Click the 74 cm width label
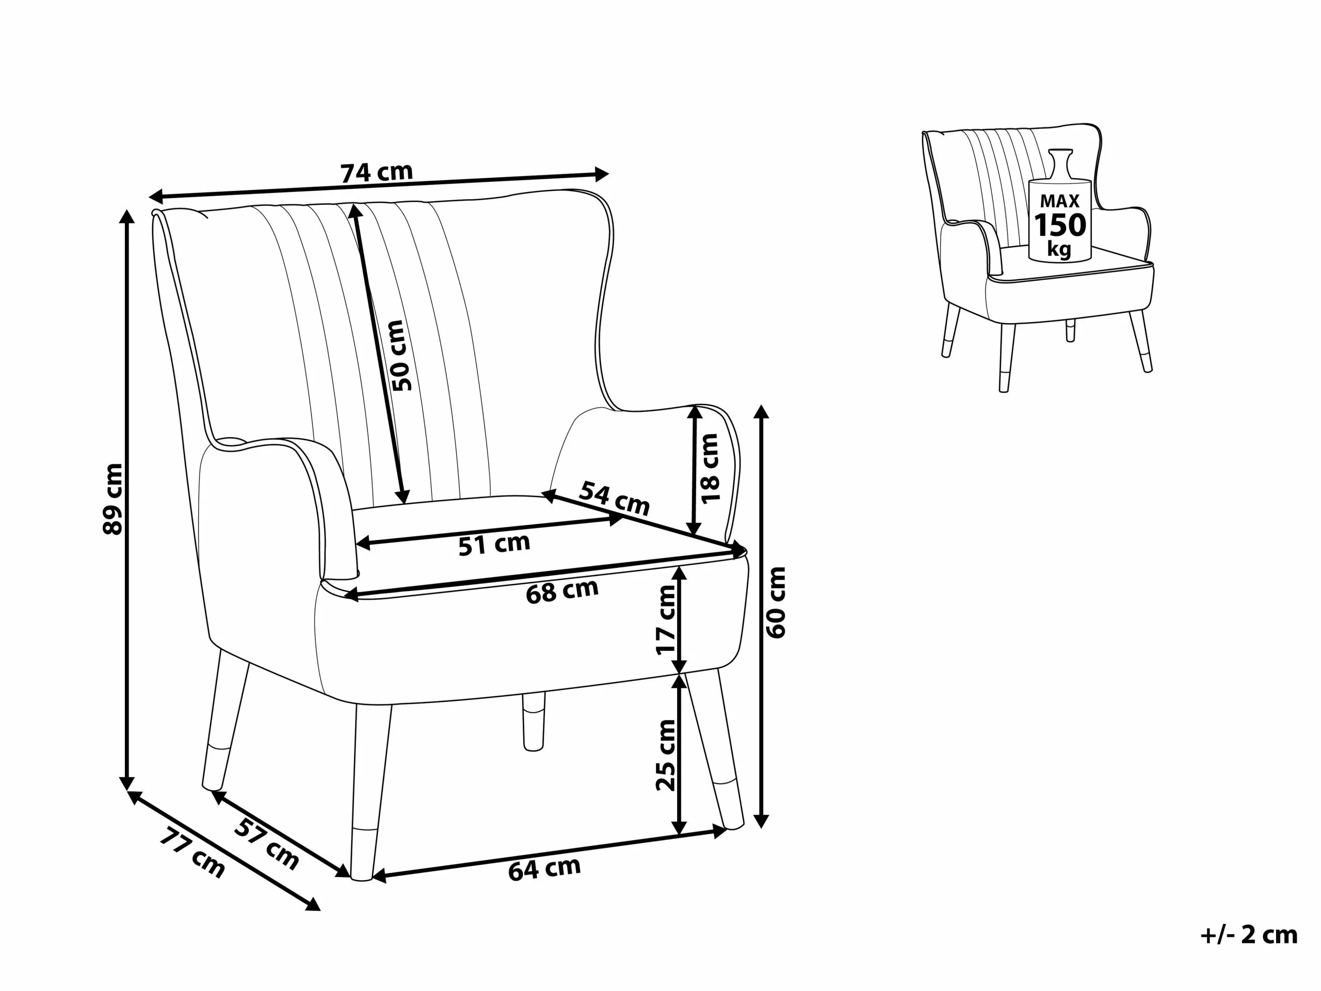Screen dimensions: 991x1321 pos(376,172)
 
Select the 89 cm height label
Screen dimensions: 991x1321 pos(113,499)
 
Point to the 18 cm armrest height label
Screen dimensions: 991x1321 pos(710,469)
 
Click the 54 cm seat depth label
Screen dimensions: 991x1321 pos(614,498)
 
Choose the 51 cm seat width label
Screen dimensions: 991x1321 pos(494,544)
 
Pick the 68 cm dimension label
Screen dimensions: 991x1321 pos(562,592)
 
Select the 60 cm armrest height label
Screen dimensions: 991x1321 pos(777,602)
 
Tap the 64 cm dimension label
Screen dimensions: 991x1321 pos(544,868)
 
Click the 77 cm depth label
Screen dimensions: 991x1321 pos(192,853)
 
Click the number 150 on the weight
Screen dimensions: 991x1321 pos(1060,226)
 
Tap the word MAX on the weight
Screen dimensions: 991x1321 pos(1059,201)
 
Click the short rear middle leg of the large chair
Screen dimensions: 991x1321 pos(533,722)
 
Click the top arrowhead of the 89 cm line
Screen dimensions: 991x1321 pos(126,216)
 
